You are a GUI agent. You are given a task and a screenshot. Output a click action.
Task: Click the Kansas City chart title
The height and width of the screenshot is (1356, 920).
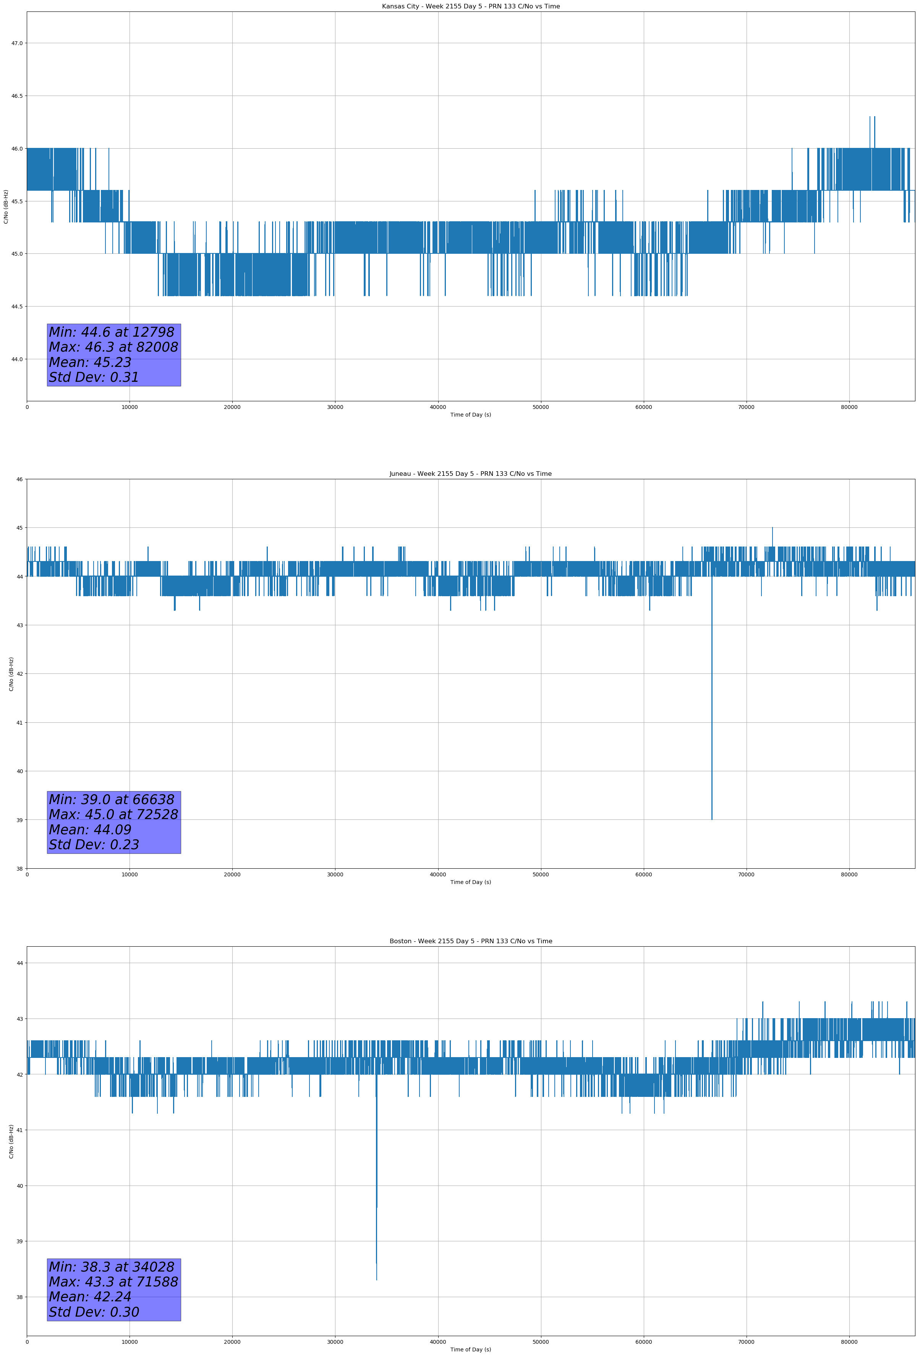pyautogui.click(x=470, y=6)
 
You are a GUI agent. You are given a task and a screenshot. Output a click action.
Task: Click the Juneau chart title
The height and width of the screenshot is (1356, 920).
pyautogui.click(x=470, y=474)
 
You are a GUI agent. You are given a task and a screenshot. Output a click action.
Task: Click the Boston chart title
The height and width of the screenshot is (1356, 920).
pyautogui.click(x=470, y=941)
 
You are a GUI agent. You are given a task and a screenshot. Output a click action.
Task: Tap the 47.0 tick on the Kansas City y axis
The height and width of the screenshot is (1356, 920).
pyautogui.click(x=17, y=43)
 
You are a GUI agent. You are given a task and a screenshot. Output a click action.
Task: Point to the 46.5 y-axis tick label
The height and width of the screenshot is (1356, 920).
pyautogui.click(x=17, y=96)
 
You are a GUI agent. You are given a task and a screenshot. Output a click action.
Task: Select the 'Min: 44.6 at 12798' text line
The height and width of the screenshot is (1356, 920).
pyautogui.click(x=112, y=332)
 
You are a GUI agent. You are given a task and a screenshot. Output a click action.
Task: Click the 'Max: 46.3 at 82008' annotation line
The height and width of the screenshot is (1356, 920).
pyautogui.click(x=113, y=347)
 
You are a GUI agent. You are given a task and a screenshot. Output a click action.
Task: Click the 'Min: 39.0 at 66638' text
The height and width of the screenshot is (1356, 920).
pyautogui.click(x=112, y=800)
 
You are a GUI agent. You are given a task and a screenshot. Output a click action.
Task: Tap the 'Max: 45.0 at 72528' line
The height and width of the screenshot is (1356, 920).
pyautogui.click(x=113, y=814)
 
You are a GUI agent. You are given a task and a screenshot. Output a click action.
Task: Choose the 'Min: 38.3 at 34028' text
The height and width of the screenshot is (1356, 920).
pyautogui.click(x=112, y=1267)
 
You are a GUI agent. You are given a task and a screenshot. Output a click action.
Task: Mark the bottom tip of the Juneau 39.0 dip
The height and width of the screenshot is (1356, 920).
pyautogui.click(x=712, y=819)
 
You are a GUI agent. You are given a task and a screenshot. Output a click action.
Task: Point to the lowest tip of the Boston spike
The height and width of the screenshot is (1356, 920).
pyautogui.click(x=376, y=1280)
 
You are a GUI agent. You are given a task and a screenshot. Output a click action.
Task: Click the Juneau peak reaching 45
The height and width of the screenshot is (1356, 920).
pyautogui.click(x=773, y=528)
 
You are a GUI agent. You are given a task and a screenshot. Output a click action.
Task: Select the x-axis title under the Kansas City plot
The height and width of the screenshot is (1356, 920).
pyautogui.click(x=470, y=415)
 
